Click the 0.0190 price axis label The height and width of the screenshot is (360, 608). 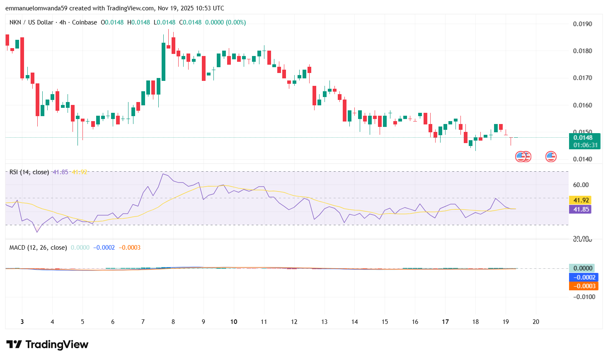click(x=582, y=24)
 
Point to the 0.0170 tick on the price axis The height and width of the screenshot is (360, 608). click(x=582, y=78)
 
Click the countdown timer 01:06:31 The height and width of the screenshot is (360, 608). click(x=585, y=145)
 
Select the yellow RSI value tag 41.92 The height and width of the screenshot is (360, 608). click(x=581, y=200)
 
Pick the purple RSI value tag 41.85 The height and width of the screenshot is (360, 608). click(x=581, y=209)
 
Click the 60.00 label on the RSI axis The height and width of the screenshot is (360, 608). click(x=581, y=185)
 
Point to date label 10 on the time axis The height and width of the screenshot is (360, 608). click(x=234, y=322)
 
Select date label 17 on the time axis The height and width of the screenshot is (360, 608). click(x=445, y=322)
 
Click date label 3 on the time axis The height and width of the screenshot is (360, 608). click(x=22, y=322)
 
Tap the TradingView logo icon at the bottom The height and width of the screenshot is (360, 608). click(x=14, y=344)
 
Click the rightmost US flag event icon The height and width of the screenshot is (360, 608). click(x=551, y=157)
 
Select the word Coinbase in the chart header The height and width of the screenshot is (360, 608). click(x=85, y=22)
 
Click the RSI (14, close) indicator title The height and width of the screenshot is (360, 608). click(x=29, y=172)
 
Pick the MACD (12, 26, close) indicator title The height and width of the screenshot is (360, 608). click(x=38, y=248)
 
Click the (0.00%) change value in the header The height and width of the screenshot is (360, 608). click(x=236, y=22)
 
